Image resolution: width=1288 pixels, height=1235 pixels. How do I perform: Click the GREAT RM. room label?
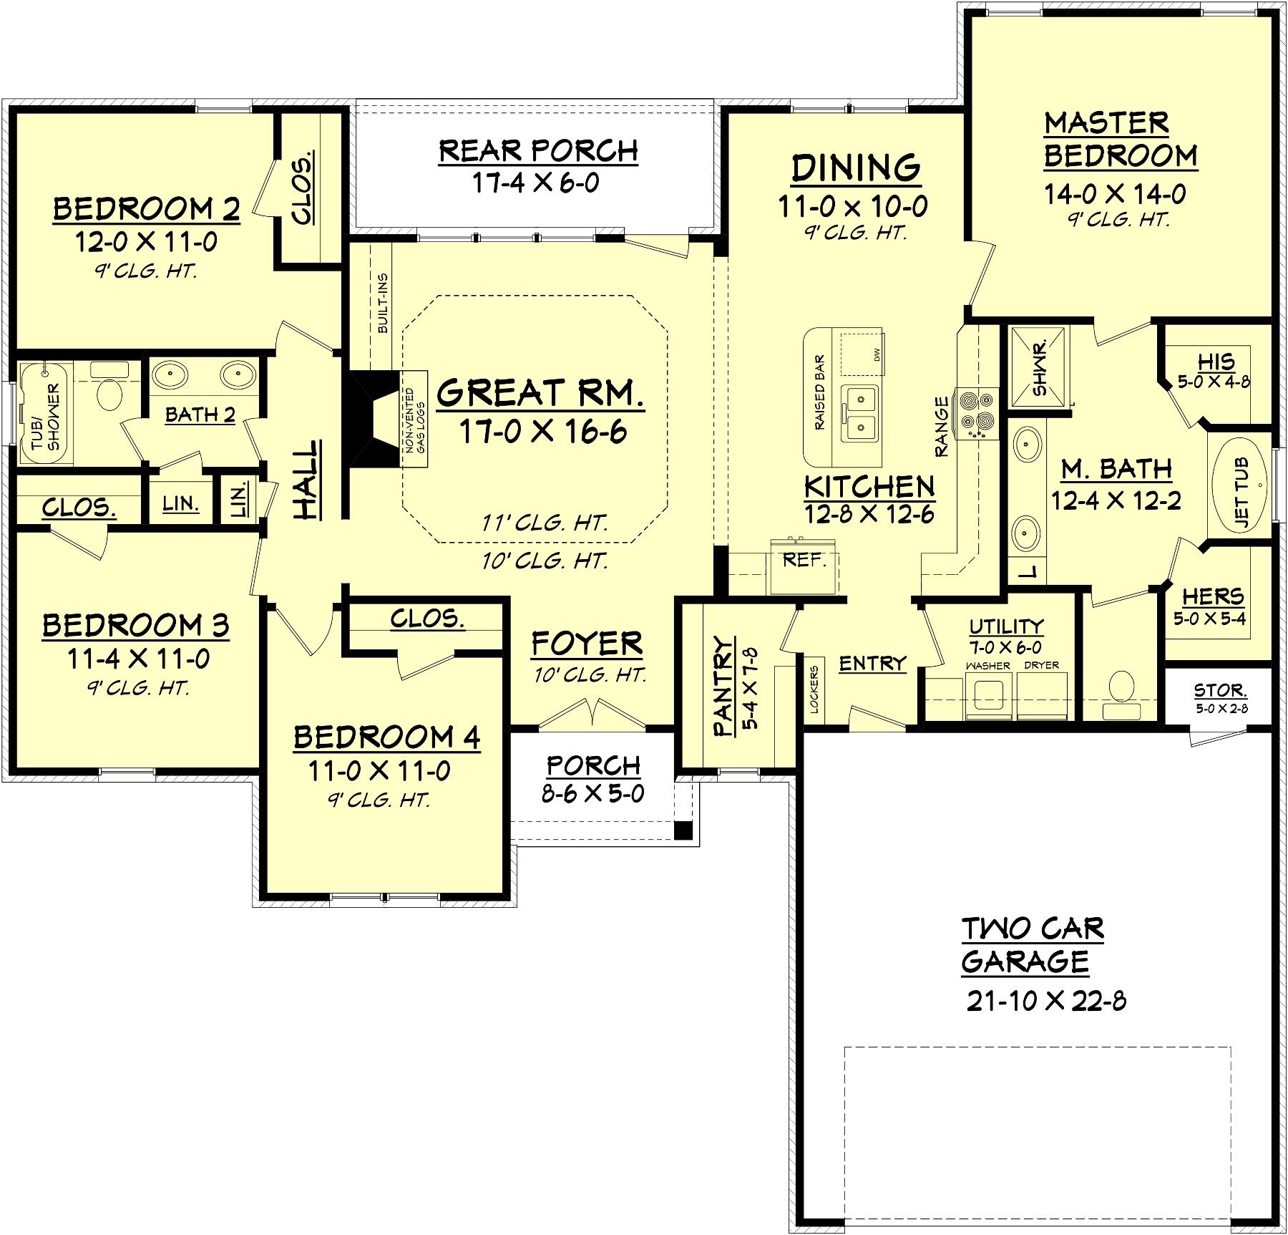pyautogui.click(x=540, y=392)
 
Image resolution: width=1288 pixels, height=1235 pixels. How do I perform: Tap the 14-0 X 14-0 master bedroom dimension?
pyautogui.click(x=1116, y=194)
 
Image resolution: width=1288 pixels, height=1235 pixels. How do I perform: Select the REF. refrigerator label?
pyautogui.click(x=805, y=560)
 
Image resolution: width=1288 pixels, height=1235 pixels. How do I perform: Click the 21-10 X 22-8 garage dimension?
pyautogui.click(x=1046, y=1001)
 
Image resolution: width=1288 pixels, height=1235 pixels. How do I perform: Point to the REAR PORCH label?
pyautogui.click(x=538, y=151)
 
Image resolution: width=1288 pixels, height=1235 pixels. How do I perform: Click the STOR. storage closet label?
pyautogui.click(x=1220, y=691)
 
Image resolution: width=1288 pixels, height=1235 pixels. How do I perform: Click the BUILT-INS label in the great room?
pyautogui.click(x=383, y=303)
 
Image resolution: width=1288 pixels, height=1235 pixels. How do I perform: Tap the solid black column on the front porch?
pyautogui.click(x=683, y=830)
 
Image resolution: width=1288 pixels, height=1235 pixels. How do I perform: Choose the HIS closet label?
pyautogui.click(x=1216, y=362)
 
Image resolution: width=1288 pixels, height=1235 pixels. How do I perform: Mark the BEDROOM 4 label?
pyautogui.click(x=386, y=737)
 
